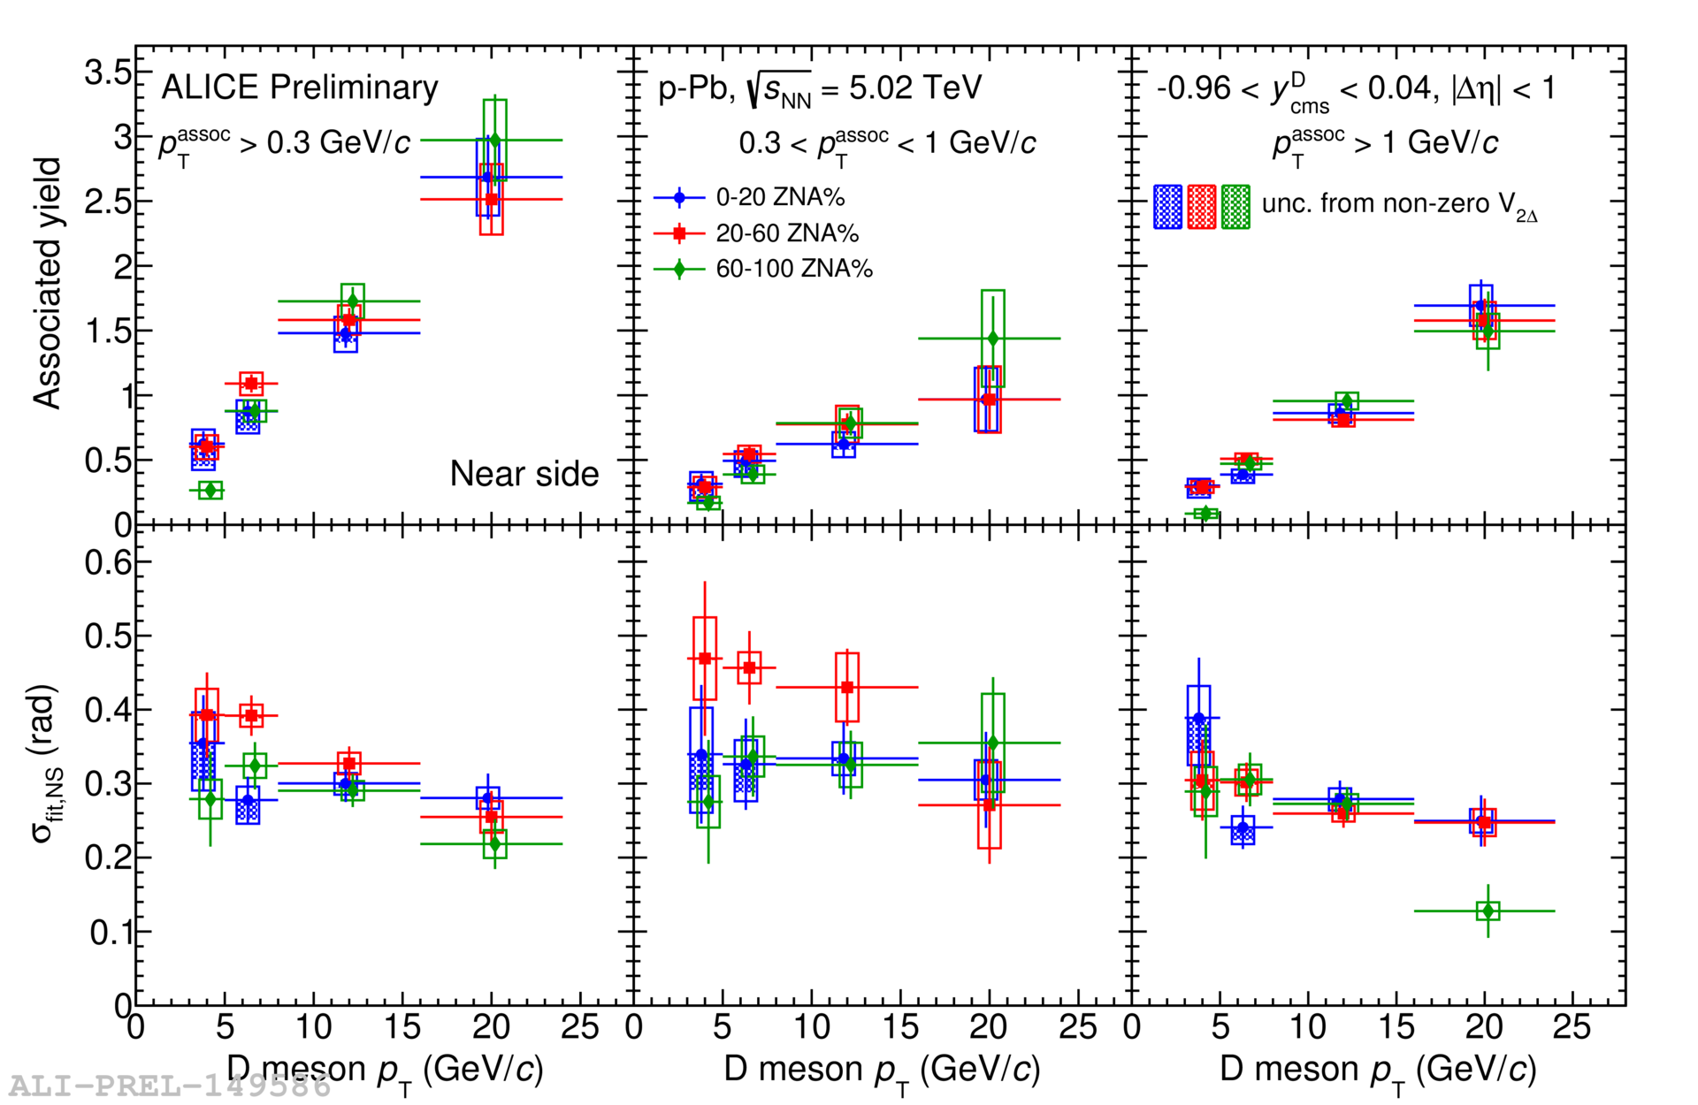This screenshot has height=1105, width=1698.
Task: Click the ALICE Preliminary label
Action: tap(299, 88)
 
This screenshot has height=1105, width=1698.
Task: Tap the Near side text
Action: tap(524, 474)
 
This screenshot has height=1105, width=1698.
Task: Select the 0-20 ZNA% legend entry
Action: tap(779, 197)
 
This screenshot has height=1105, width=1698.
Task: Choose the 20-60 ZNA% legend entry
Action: tap(786, 233)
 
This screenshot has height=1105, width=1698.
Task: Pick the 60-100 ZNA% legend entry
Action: tap(793, 269)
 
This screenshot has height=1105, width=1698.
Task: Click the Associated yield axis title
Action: tap(47, 283)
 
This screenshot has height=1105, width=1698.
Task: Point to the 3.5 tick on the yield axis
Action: tap(108, 72)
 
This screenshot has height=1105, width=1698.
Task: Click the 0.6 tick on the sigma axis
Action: tap(108, 562)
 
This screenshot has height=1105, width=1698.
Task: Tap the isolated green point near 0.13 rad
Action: tap(1488, 911)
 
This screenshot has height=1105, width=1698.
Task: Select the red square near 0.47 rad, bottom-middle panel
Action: tap(705, 659)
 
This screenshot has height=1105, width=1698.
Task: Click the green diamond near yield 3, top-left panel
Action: tap(495, 140)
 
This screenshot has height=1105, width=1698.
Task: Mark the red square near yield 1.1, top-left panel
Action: tap(251, 384)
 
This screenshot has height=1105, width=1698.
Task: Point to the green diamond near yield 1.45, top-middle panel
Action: tap(993, 339)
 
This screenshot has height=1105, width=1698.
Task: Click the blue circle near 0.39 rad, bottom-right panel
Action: tap(1199, 718)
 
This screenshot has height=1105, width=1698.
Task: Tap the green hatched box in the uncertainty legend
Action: tap(1235, 207)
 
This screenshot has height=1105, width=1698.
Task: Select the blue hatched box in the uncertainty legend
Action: tap(1167, 207)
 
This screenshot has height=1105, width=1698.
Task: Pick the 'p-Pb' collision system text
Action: tap(695, 88)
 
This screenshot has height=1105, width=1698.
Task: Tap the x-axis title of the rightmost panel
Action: tap(1377, 1071)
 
